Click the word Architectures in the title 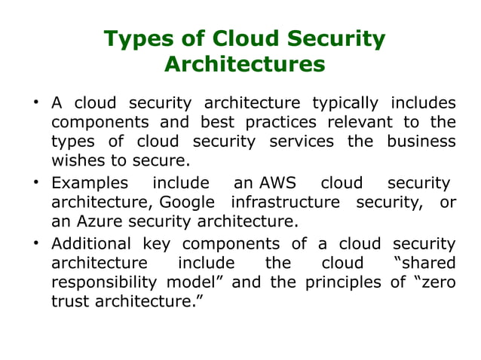point(244,65)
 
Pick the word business point(421,142)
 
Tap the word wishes point(77,160)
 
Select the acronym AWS point(277,183)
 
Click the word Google point(187,202)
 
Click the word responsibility point(104,282)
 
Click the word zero point(437,282)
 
